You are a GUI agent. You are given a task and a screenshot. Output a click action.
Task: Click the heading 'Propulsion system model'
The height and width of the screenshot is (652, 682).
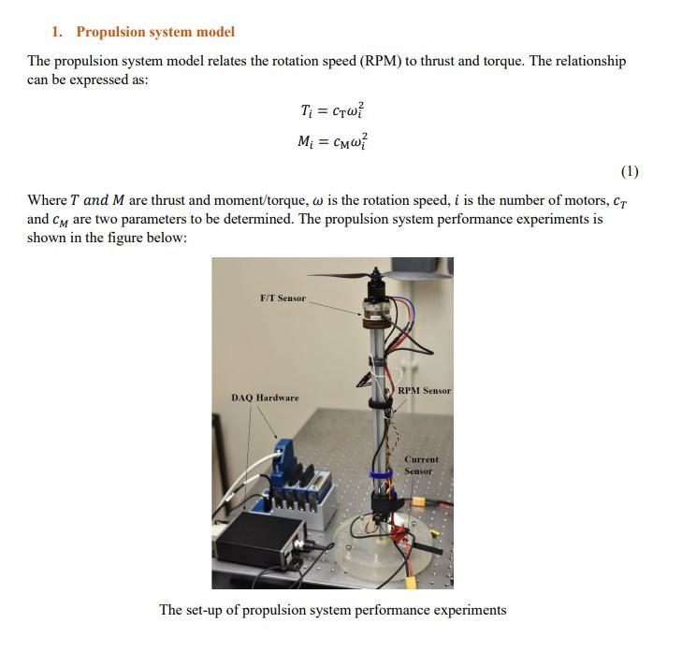coord(155,32)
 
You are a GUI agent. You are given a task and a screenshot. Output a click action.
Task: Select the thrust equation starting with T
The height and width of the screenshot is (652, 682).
coord(333,111)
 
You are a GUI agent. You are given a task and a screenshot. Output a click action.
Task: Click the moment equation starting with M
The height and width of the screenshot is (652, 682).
coord(333,141)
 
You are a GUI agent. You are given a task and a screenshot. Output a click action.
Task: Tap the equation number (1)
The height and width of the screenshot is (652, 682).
coord(630,171)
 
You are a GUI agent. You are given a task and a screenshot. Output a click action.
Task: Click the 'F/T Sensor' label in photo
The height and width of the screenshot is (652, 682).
coord(283,298)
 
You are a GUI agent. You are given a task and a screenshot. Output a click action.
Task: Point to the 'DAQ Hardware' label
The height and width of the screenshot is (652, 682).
coord(265,398)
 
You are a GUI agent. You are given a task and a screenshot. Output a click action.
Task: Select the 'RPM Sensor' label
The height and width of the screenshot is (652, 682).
coord(424,391)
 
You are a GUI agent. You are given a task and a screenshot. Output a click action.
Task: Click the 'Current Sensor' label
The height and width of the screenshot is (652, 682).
coord(420,465)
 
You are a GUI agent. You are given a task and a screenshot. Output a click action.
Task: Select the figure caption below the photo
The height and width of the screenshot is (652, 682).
coord(332,610)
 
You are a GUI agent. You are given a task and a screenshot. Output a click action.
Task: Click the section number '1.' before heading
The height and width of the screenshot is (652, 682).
coord(58,32)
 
